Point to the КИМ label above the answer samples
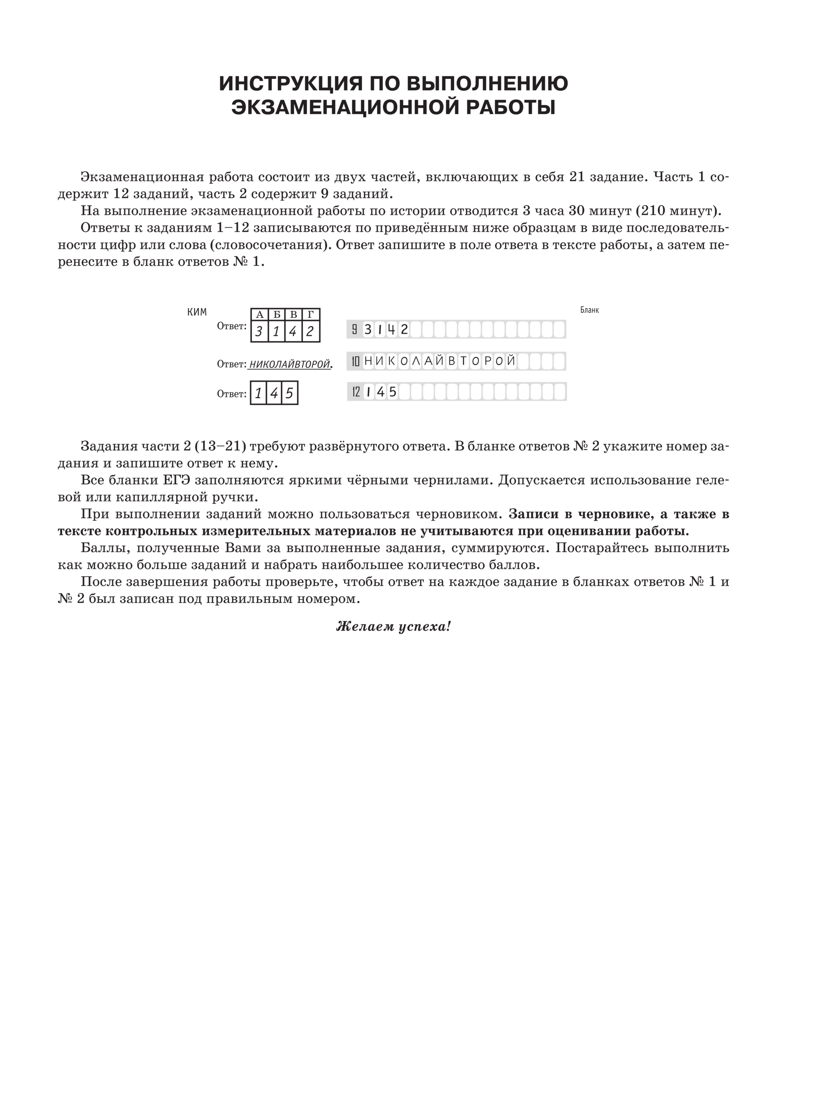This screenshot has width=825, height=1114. tap(197, 312)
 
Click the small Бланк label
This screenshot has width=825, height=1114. tap(589, 310)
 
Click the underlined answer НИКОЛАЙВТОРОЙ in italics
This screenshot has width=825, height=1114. tap(290, 364)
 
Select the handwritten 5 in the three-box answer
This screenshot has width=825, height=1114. tap(289, 393)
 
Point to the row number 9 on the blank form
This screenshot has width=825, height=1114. tap(354, 329)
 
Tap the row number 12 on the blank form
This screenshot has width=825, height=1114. tap(356, 392)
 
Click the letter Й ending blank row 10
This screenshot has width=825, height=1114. tap(510, 360)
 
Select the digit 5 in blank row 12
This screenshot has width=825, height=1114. tap(393, 392)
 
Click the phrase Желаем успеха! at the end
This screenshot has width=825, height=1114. tap(393, 626)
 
